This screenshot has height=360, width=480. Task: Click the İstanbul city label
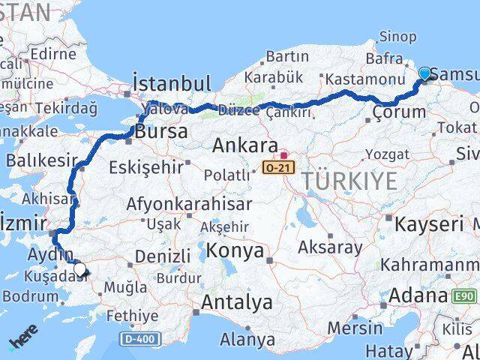171,82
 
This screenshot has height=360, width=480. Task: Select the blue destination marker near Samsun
425,73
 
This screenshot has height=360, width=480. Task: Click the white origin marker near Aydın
79,269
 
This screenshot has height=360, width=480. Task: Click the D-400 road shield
139,340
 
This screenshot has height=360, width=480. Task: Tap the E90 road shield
465,296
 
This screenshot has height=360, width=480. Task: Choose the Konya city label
235,250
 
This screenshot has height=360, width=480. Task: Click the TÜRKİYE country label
349,181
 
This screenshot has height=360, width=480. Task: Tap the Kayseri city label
429,224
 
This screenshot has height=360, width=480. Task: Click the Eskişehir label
146,166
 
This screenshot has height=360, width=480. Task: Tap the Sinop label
397,36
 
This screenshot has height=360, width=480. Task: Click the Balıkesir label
42,160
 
